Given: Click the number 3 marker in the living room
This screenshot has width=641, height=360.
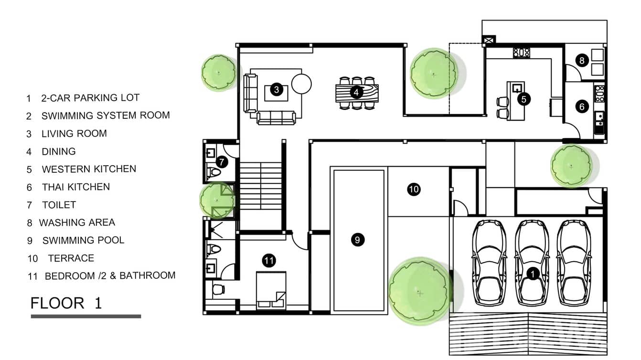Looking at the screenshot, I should pos(276,89).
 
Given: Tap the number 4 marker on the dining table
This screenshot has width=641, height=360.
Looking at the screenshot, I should pos(356,92).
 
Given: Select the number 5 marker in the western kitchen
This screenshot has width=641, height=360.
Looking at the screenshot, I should pos(524,99).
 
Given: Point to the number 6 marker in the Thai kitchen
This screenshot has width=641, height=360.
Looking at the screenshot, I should pos(582,106).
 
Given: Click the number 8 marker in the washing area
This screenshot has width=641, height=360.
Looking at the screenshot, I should pos(581,60).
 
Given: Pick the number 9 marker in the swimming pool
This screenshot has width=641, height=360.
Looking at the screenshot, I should pos(357,240).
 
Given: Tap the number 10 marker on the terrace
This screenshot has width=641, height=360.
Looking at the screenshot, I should pos(414,190).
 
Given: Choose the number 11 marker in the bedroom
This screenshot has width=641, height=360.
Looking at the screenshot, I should pos(269,260).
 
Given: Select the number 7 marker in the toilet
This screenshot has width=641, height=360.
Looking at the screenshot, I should pos(222,162).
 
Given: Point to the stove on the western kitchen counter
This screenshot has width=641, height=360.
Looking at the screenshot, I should pos(522,53).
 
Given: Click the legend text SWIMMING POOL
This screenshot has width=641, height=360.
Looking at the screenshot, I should pos(83,240).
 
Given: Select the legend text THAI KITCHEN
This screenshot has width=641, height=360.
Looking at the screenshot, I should pos(75,187).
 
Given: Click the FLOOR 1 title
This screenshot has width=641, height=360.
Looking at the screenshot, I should pos(66,303).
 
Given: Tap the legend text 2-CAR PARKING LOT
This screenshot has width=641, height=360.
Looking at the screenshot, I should pos(90,98).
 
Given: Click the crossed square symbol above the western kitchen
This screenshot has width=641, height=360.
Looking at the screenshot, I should pos(489,41).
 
